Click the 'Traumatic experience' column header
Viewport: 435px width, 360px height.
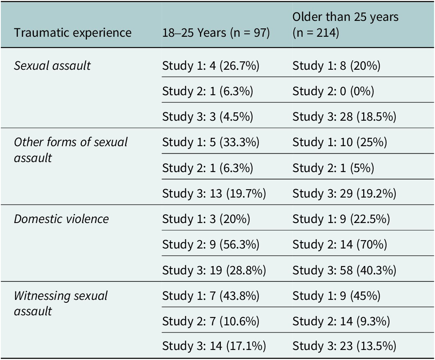[73, 33]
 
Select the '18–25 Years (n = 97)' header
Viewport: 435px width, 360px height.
[216, 33]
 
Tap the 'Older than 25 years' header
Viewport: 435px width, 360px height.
[345, 17]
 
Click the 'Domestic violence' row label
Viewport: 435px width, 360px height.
[61, 219]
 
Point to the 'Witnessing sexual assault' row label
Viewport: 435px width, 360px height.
[61, 303]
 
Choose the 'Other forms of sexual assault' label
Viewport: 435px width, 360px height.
[71, 150]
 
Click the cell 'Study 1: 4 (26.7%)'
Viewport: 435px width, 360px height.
[210, 66]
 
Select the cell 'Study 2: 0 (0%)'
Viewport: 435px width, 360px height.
[333, 91]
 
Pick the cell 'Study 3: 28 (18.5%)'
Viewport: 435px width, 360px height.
[344, 117]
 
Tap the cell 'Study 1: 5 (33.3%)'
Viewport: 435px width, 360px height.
[210, 142]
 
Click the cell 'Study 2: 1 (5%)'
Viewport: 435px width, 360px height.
[333, 168]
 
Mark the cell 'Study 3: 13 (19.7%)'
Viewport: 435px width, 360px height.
[214, 193]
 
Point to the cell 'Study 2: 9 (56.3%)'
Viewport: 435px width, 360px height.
[210, 245]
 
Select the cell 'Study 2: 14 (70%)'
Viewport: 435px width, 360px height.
[339, 245]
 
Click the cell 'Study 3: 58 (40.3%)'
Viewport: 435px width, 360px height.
[344, 270]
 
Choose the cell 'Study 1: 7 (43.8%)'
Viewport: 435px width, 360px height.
[210, 296]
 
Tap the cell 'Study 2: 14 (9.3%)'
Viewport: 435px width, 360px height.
[341, 321]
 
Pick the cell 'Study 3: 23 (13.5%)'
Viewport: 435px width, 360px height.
[344, 346]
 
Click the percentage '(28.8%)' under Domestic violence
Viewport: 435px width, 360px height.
[246, 270]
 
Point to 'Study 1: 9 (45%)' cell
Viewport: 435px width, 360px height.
[336, 296]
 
